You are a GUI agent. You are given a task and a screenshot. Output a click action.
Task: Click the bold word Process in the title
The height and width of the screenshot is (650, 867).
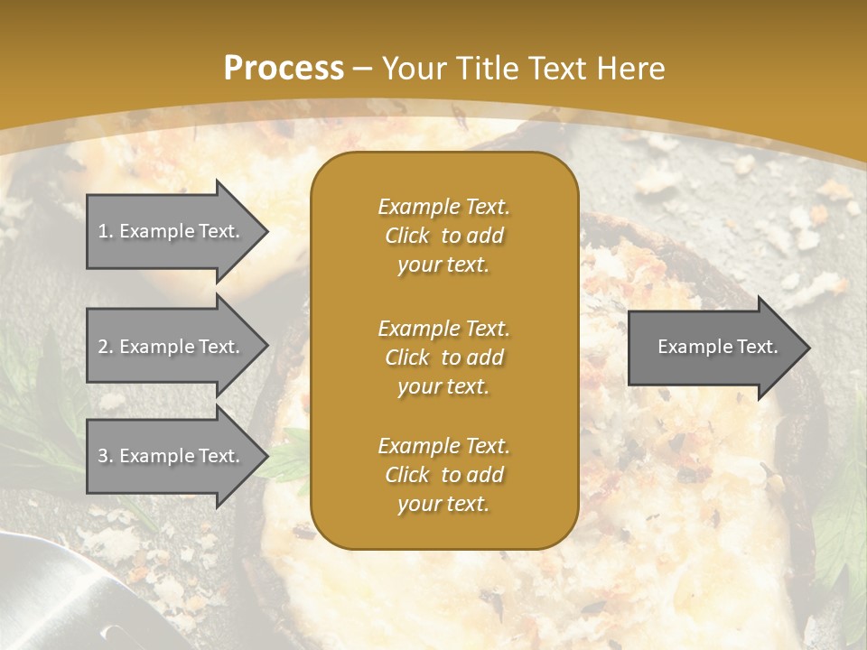(284, 69)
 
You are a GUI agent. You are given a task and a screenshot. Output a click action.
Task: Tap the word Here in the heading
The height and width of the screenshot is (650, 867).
(631, 69)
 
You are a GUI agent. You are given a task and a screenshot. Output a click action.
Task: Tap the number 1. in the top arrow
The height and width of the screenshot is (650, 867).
(106, 231)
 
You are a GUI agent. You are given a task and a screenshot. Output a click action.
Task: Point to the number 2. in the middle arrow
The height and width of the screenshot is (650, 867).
(106, 347)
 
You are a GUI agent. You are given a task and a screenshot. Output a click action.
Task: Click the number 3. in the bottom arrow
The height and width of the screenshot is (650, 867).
(106, 456)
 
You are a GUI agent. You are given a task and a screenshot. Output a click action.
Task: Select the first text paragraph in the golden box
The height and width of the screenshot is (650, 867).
(443, 236)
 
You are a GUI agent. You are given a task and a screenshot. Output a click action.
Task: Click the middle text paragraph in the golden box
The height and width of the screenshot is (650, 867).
(443, 357)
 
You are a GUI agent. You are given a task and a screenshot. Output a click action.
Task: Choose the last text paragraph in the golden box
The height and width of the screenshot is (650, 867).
(443, 475)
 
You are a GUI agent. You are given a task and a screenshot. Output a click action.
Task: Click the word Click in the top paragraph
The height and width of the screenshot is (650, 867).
(407, 237)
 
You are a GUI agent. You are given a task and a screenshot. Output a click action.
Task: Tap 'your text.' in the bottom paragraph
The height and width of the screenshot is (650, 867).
(443, 504)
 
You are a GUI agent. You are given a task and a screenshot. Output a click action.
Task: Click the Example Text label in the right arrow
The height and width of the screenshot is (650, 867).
(717, 347)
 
